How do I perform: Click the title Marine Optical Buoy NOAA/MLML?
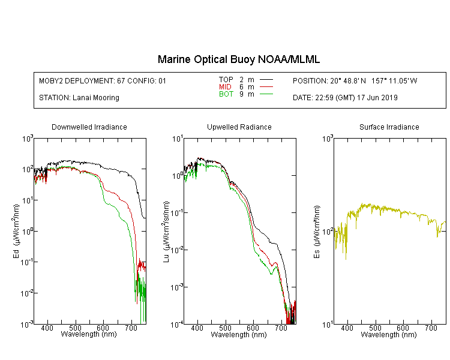tap(238, 59)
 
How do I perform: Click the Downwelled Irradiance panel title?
tap(89, 127)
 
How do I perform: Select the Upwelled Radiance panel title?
tap(239, 127)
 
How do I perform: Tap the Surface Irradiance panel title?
tap(389, 127)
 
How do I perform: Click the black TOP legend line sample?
tap(266, 80)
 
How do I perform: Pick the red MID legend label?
tap(225, 86)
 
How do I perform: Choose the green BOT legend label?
tap(226, 94)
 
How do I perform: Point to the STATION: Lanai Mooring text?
tap(79, 98)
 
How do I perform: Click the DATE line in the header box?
tap(345, 98)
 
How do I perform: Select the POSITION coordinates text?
tap(355, 81)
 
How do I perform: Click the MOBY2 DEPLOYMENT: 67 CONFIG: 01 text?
tap(103, 81)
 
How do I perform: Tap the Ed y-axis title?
tap(16, 231)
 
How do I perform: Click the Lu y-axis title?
tap(166, 232)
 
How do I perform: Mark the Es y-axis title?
tap(316, 232)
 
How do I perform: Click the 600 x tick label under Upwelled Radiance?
tap(253, 328)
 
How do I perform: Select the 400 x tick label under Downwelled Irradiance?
tap(47, 328)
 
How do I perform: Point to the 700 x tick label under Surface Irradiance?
tap(431, 328)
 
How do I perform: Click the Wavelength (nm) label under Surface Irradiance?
tap(389, 334)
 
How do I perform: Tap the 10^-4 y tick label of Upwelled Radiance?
tap(176, 325)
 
